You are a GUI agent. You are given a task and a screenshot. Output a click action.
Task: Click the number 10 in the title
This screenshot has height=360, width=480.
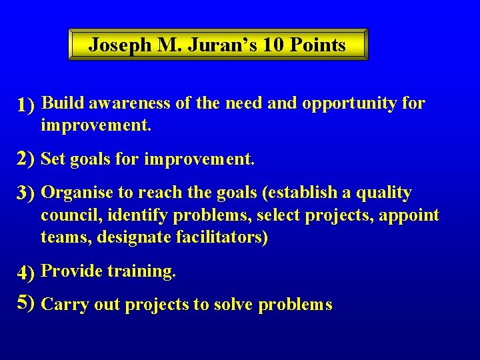273,45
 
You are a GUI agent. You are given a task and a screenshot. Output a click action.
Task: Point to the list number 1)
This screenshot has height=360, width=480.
26,105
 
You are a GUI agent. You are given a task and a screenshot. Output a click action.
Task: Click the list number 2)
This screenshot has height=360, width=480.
26,159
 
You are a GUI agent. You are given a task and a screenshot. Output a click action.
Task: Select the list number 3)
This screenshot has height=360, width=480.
26,194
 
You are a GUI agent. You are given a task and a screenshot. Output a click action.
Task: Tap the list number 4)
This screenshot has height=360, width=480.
26,273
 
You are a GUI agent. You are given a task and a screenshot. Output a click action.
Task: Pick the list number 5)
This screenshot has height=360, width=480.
26,304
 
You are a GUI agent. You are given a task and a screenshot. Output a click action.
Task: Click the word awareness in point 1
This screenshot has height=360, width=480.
129,104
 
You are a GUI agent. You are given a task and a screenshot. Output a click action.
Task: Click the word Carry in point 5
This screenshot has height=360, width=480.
61,305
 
